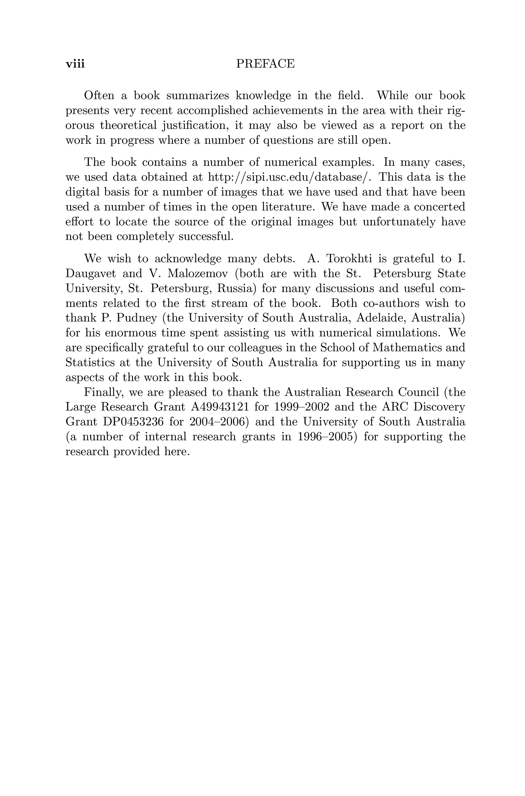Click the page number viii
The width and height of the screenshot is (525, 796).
(x=75, y=64)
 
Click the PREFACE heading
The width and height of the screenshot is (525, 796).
(x=265, y=64)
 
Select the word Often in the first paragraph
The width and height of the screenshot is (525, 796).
(x=99, y=96)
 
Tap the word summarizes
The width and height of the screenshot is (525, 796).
(x=198, y=96)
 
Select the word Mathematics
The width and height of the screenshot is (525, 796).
(x=405, y=348)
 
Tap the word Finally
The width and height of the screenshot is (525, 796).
(x=104, y=392)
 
